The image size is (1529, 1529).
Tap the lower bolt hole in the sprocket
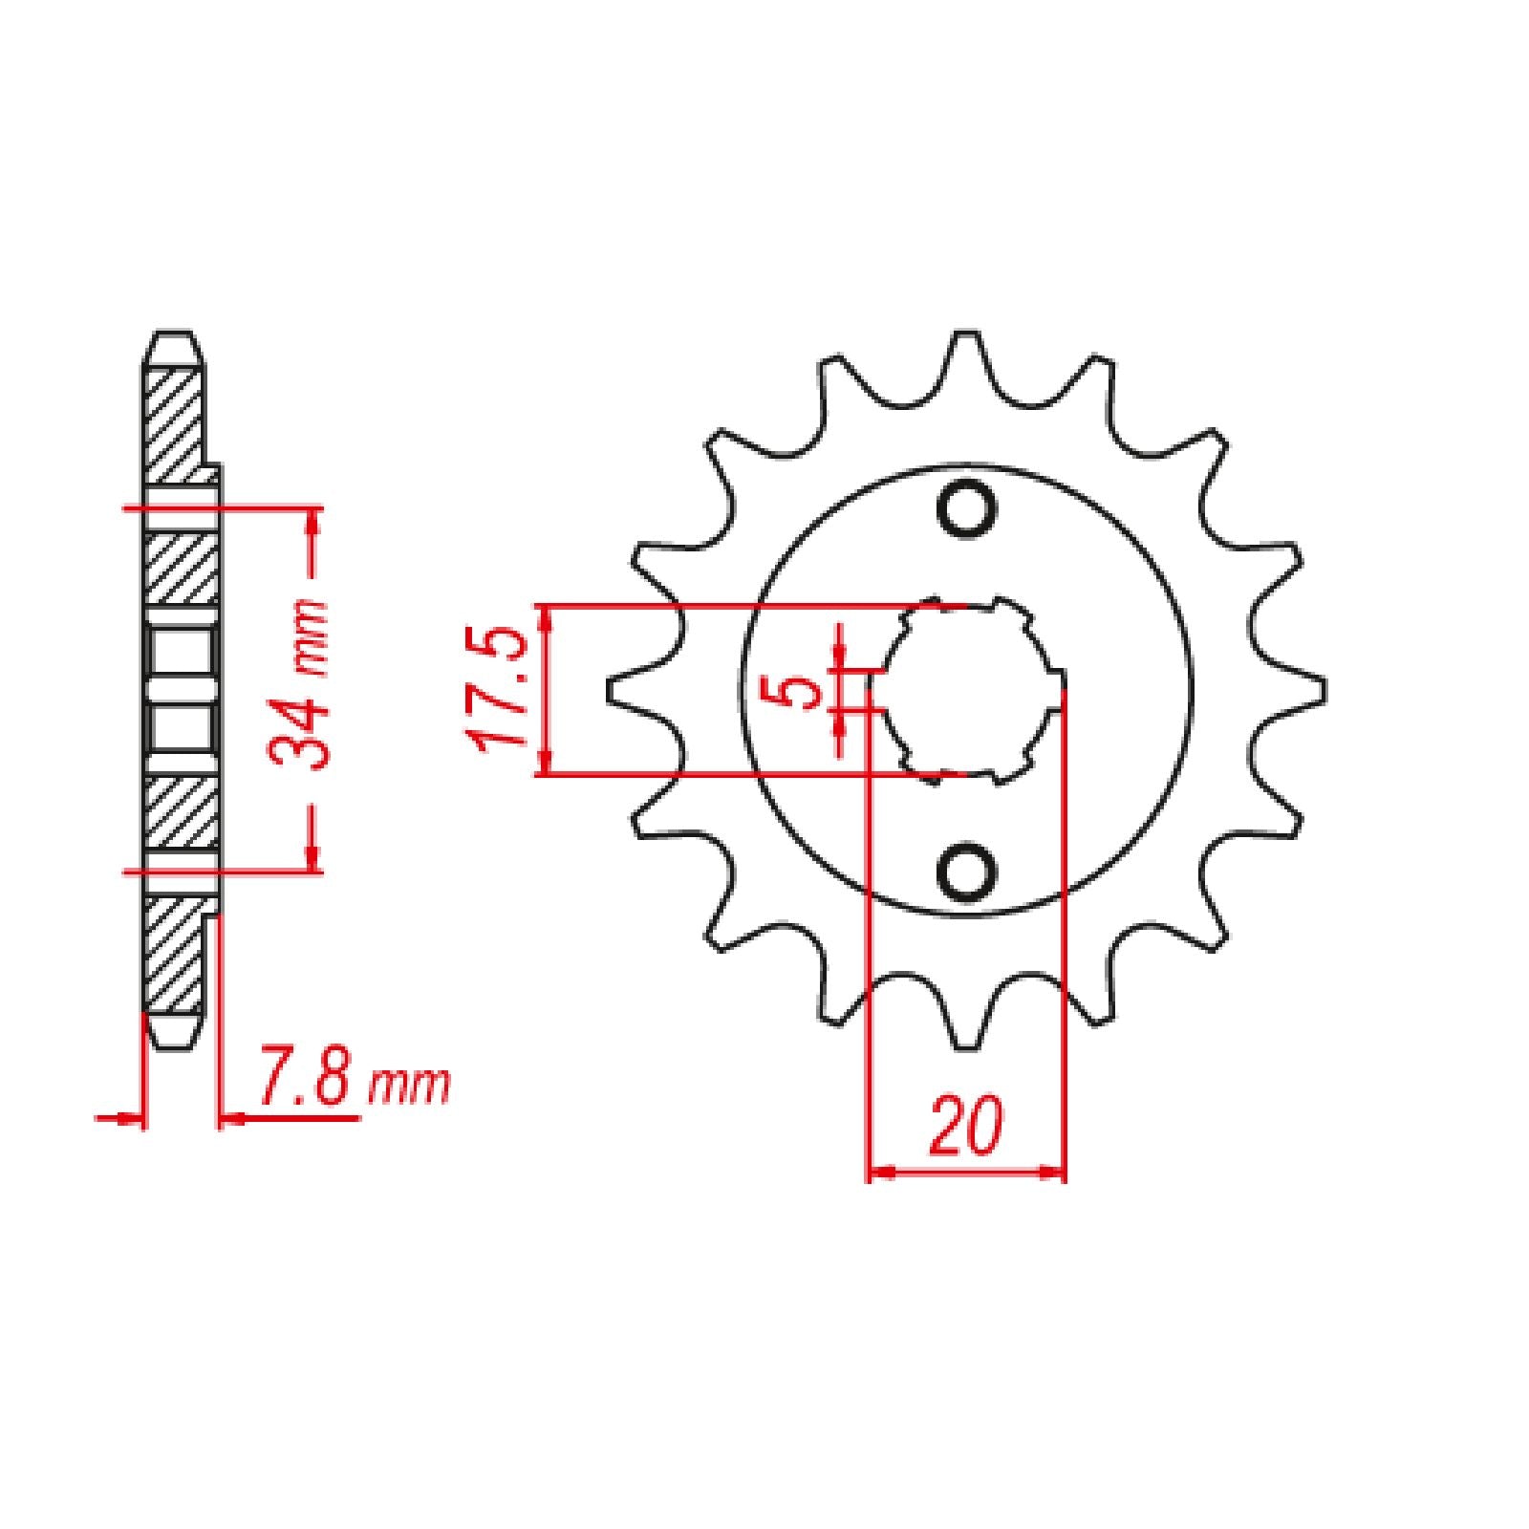(x=967, y=869)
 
